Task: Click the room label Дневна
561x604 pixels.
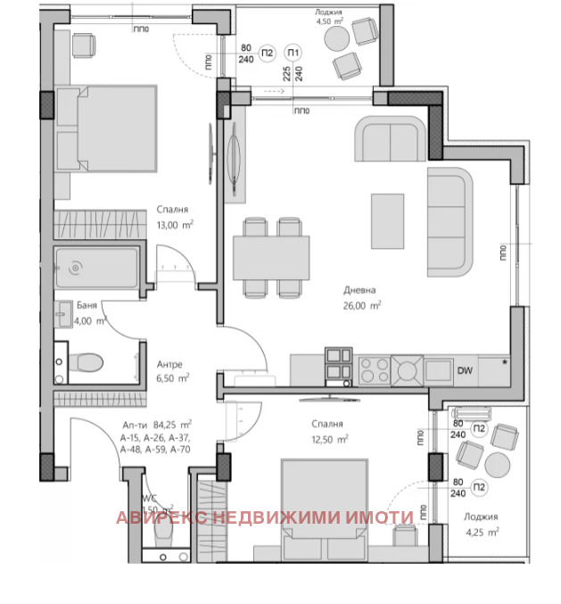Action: (x=359, y=290)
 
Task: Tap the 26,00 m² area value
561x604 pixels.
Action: (x=363, y=305)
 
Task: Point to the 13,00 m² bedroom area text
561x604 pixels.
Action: (x=176, y=225)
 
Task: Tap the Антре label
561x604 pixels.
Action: (x=170, y=363)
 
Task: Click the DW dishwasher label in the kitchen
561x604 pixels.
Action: (x=465, y=371)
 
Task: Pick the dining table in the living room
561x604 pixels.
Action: (x=271, y=259)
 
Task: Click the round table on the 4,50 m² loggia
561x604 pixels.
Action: (x=335, y=37)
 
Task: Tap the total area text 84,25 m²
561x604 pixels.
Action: (x=172, y=425)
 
